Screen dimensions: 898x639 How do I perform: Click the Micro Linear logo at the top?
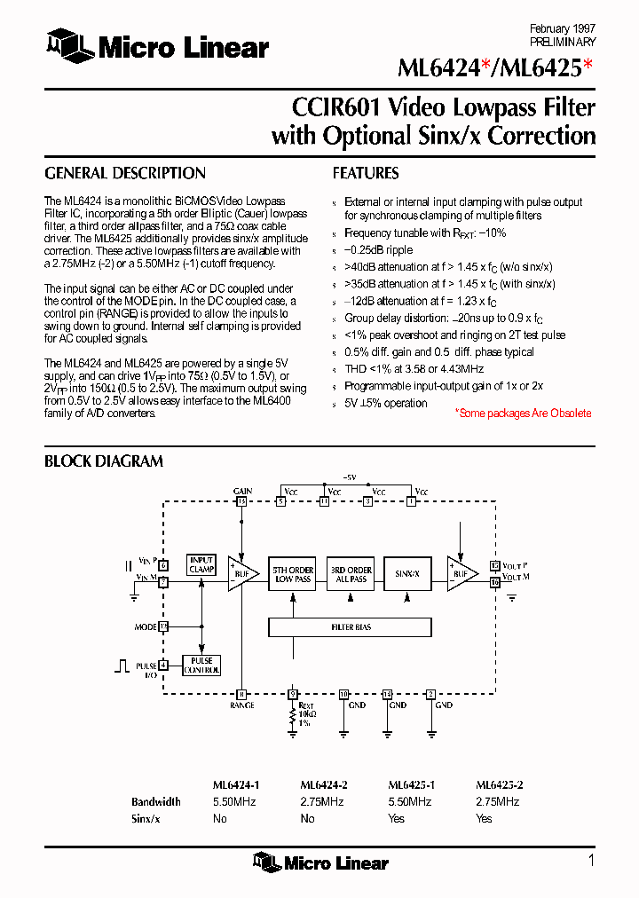coord(157,46)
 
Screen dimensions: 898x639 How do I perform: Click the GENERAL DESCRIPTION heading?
coord(125,174)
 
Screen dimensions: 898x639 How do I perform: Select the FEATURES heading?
coord(366,174)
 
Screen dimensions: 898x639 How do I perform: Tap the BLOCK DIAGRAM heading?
coord(104,461)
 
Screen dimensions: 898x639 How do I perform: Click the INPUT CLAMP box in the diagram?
coord(201,564)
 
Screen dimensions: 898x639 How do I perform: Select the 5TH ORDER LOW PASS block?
coord(292,574)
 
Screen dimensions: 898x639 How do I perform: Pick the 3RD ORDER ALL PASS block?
coord(351,574)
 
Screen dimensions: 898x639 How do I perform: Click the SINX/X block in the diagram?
coord(408,574)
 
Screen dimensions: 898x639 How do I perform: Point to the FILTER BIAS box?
coord(351,627)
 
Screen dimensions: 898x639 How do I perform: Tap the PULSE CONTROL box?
coord(201,666)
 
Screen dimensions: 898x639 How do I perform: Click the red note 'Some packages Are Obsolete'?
coord(523,414)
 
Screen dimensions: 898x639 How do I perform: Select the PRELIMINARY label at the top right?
coord(563,42)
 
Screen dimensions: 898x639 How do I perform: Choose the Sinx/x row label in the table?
coord(146,818)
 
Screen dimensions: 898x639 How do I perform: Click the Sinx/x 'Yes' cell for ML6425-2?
coord(484,818)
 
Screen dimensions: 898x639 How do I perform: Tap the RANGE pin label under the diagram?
coord(241,705)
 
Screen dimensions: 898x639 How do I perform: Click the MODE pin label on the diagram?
coord(146,626)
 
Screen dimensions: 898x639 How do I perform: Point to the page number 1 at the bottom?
coord(591,860)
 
